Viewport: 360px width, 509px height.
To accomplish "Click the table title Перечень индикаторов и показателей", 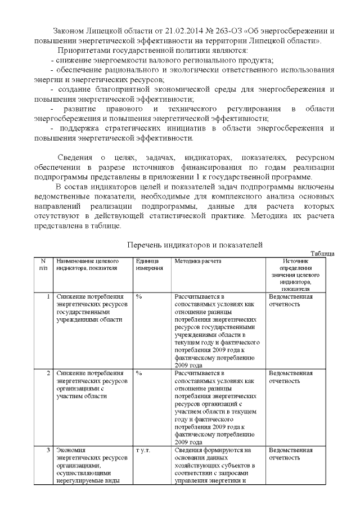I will click(195, 244).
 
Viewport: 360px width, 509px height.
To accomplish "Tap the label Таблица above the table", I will click(323, 254).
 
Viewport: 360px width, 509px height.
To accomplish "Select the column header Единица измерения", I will click(149, 264).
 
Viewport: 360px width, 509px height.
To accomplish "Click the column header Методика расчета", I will click(197, 261).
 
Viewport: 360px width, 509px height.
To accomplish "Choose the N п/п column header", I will click(43, 264).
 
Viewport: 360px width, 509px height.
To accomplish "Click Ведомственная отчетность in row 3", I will click(291, 454).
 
